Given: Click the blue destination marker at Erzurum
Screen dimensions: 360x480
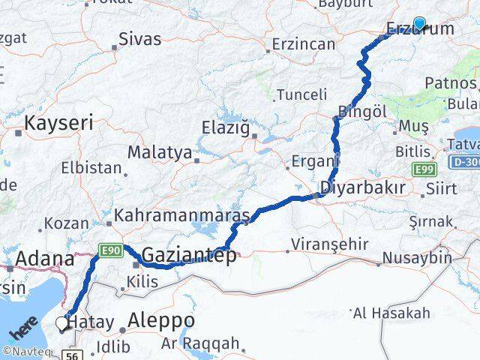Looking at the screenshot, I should click(419, 24).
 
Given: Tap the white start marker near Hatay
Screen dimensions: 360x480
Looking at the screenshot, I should click(62, 323).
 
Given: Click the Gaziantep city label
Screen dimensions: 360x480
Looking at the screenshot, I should click(188, 253).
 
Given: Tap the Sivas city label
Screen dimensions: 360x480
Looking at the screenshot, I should click(139, 37).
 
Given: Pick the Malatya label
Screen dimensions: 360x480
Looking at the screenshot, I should click(159, 152).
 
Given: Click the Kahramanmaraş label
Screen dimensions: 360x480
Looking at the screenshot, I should click(181, 216).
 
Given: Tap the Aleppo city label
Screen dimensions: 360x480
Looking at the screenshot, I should click(162, 320).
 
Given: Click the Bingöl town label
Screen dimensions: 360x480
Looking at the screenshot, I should click(361, 111).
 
